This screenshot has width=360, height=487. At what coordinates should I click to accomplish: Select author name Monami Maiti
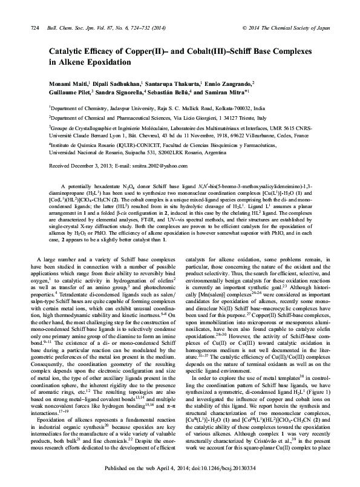tap(68, 83)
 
